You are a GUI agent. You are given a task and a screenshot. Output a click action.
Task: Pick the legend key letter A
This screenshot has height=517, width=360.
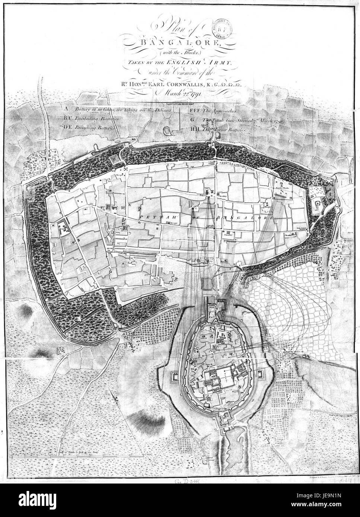coord(66,109)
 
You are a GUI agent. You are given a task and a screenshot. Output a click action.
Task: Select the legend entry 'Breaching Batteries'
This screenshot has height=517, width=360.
coord(96,127)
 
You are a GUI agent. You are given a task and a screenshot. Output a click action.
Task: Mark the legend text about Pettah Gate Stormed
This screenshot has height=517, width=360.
coord(240,121)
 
